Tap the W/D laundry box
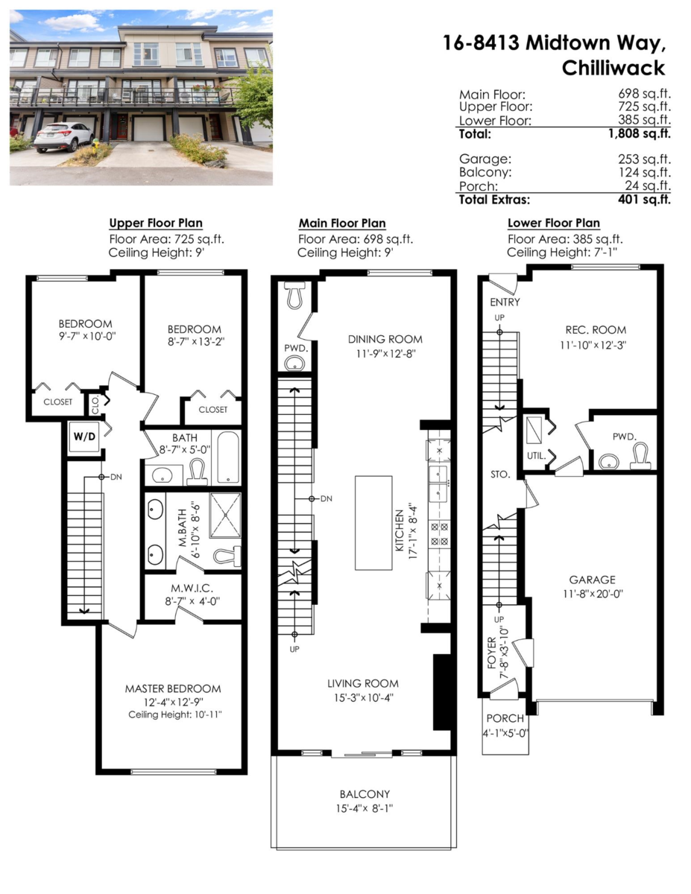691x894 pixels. coord(84,437)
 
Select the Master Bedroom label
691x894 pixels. coord(173,688)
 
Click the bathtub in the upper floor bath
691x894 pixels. coord(228,457)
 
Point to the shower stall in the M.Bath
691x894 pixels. coord(225,515)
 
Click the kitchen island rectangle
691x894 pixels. coord(373,522)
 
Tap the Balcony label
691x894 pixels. coord(365,794)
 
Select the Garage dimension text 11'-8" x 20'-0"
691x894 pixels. coord(593,594)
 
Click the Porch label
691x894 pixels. coord(505,718)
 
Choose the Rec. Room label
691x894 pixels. coord(596,330)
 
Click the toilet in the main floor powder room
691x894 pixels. coord(294,294)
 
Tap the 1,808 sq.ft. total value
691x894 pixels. coord(640,133)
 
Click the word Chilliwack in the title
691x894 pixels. coord(613,68)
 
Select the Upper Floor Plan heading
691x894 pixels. coord(156,223)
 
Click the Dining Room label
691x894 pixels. coord(385,340)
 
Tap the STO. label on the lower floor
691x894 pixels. coord(500,475)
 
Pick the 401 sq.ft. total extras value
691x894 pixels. coord(644,200)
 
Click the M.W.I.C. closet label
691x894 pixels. coord(192,589)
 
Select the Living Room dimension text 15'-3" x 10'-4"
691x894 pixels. coord(364,698)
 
